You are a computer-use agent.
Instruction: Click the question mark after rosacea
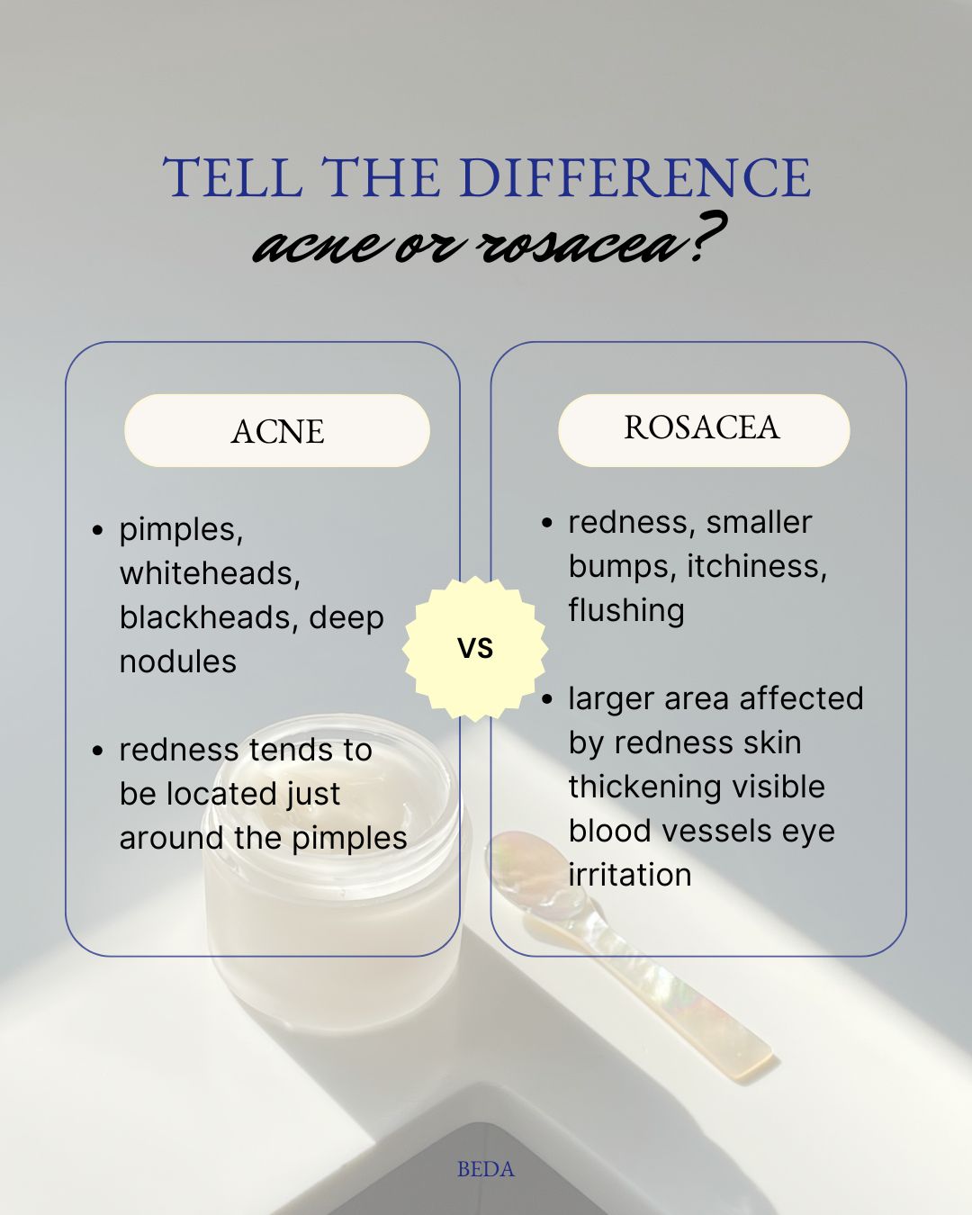(x=707, y=238)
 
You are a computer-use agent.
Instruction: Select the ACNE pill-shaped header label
(x=276, y=431)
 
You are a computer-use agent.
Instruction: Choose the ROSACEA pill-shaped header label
(x=704, y=430)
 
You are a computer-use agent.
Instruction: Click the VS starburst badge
(x=475, y=648)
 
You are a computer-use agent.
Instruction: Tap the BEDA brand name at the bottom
(x=486, y=1169)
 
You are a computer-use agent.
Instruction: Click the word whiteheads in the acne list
(x=210, y=573)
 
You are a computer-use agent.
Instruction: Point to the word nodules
(x=178, y=661)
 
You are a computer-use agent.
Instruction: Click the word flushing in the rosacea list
(x=626, y=611)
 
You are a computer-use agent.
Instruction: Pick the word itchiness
(x=757, y=566)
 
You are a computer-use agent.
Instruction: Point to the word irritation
(x=630, y=875)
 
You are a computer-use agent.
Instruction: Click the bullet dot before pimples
(x=98, y=530)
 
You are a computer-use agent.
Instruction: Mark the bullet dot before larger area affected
(x=546, y=699)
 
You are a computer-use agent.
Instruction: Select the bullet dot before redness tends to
(x=98, y=751)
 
